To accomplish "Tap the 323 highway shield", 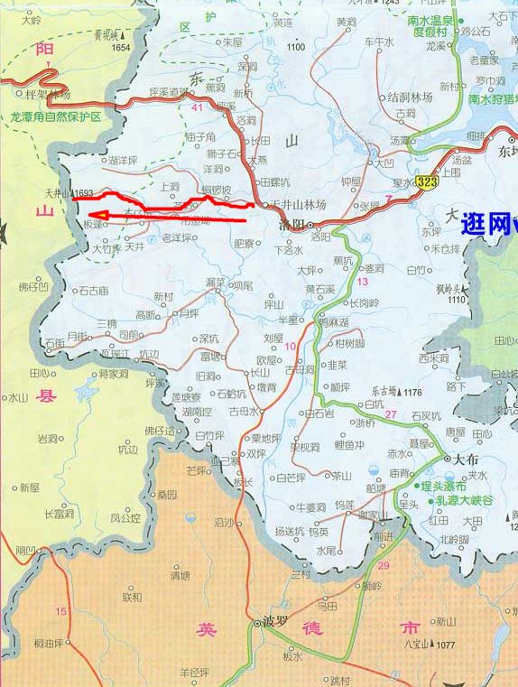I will [429, 181].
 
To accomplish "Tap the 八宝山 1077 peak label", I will [426, 645].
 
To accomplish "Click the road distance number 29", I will [384, 565].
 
